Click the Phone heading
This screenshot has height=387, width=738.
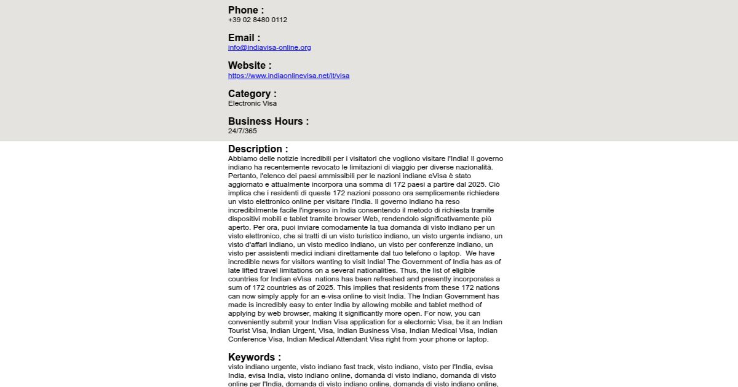(x=245, y=10)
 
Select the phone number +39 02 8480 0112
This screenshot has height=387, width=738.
(x=257, y=20)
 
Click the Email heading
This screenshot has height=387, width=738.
(x=244, y=37)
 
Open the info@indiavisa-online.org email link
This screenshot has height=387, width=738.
(x=269, y=47)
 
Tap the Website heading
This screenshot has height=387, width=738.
(x=249, y=65)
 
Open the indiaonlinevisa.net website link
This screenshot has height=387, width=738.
(x=288, y=76)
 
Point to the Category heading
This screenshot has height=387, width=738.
(x=252, y=93)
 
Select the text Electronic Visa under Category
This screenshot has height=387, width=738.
(x=252, y=103)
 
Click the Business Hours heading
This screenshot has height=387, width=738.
(x=268, y=121)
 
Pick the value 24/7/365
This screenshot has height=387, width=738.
(x=242, y=131)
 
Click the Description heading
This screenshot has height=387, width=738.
(x=258, y=149)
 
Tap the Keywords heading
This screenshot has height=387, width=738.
(x=254, y=357)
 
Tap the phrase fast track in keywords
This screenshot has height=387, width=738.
(x=359, y=367)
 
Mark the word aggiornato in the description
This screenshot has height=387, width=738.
(x=245, y=184)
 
